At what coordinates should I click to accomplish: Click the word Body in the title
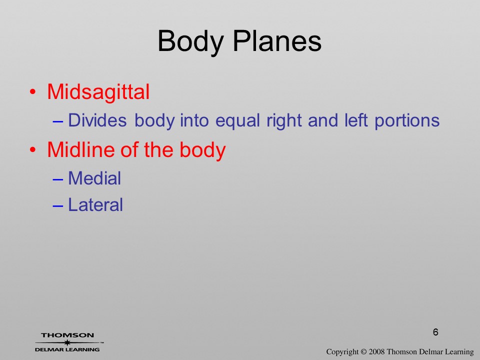[x=190, y=41]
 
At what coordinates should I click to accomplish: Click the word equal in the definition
[x=237, y=120]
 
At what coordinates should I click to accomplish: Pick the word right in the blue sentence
[x=284, y=120]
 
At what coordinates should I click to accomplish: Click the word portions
[x=407, y=120]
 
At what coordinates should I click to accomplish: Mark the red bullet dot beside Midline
[x=33, y=149]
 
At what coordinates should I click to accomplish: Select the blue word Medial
[x=94, y=178]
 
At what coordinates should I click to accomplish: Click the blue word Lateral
[x=95, y=204]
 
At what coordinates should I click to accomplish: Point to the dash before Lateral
[x=57, y=205]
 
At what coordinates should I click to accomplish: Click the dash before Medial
[x=57, y=179]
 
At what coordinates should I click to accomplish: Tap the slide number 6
[x=435, y=332]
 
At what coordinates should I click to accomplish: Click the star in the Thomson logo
[x=67, y=342]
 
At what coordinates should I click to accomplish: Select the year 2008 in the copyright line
[x=377, y=351]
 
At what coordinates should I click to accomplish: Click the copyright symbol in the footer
[x=363, y=351]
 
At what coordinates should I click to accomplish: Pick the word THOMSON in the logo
[x=67, y=335]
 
